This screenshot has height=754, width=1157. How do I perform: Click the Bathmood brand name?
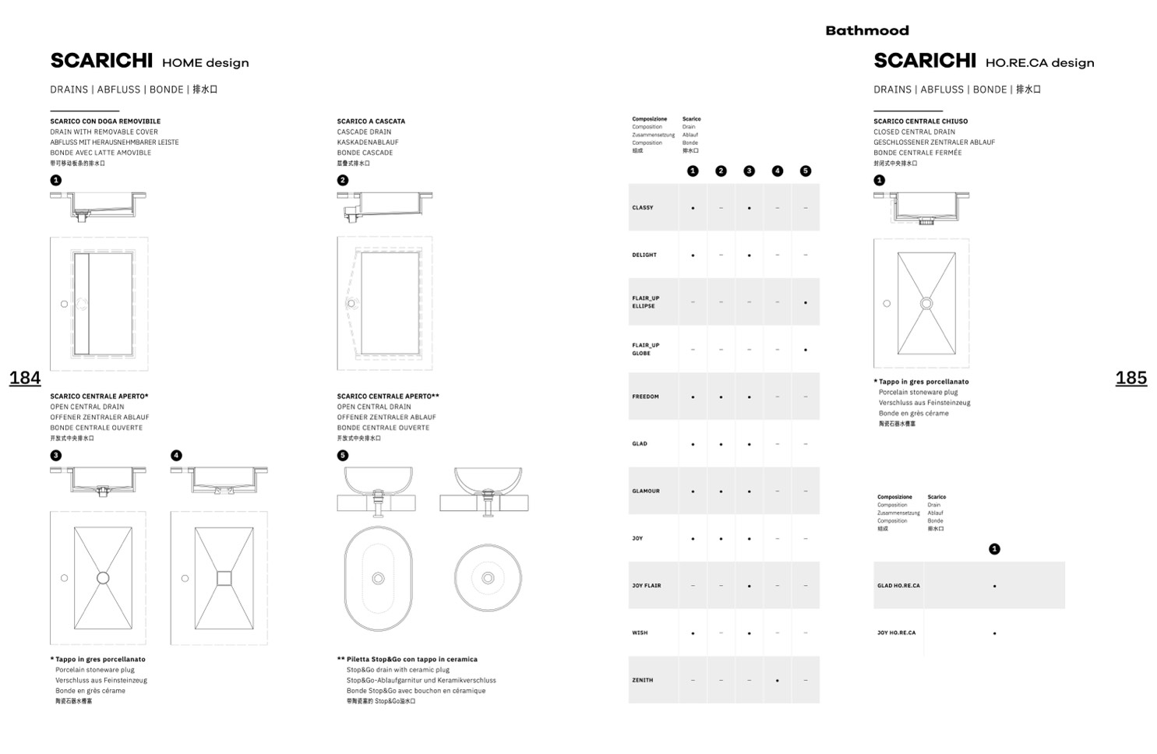pyautogui.click(x=866, y=30)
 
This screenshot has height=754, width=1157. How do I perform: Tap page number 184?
pyautogui.click(x=25, y=378)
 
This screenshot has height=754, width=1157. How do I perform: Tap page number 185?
pyautogui.click(x=1131, y=378)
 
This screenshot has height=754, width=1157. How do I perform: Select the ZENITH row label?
pyautogui.click(x=643, y=680)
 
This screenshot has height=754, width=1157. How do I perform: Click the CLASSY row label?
pyautogui.click(x=643, y=208)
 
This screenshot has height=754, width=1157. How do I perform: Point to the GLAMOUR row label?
pyautogui.click(x=646, y=492)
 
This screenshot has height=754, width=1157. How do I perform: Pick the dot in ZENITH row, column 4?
pyautogui.click(x=777, y=680)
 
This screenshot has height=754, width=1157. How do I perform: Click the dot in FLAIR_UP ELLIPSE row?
pyautogui.click(x=805, y=302)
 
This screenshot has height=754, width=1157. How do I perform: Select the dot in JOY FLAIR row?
pyautogui.click(x=749, y=586)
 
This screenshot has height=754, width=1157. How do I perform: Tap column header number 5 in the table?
pyautogui.click(x=805, y=171)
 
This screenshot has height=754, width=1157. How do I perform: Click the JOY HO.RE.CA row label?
pyautogui.click(x=896, y=633)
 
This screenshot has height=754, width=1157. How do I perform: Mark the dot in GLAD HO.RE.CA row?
pyautogui.click(x=994, y=586)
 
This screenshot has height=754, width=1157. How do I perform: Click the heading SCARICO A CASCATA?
pyautogui.click(x=371, y=122)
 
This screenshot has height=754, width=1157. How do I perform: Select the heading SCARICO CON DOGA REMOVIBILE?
pyautogui.click(x=105, y=122)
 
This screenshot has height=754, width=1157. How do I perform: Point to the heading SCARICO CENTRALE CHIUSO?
pyautogui.click(x=920, y=122)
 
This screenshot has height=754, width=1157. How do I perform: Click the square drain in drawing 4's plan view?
pyautogui.click(x=224, y=578)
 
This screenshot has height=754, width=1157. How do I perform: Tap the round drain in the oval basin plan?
pyautogui.click(x=378, y=578)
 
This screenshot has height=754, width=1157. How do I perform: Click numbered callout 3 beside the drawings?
pyautogui.click(x=55, y=456)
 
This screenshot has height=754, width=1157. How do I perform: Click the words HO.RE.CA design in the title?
pyautogui.click(x=1039, y=63)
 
